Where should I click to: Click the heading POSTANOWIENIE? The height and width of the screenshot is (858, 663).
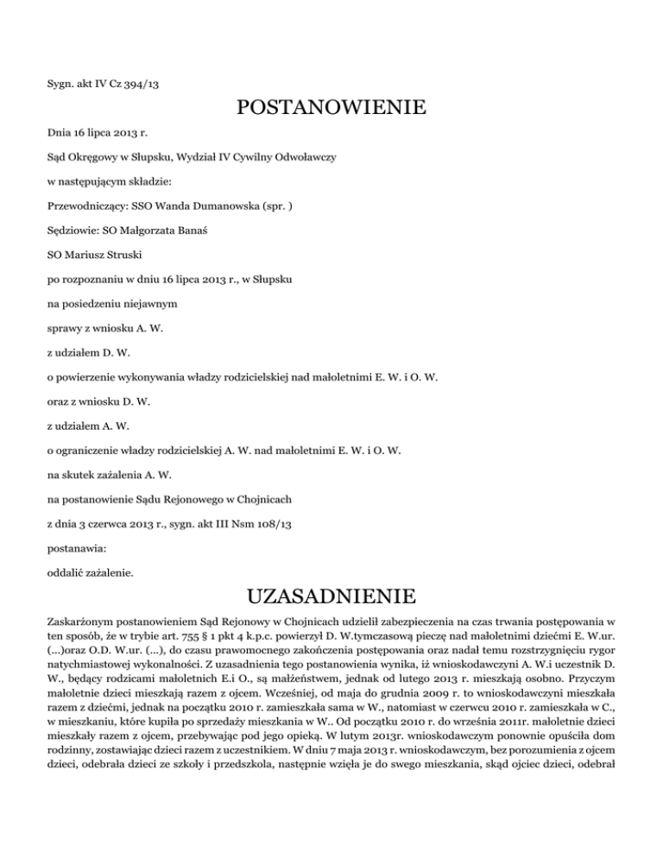tap(331, 110)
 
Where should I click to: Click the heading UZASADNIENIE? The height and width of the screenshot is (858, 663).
tap(331, 596)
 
